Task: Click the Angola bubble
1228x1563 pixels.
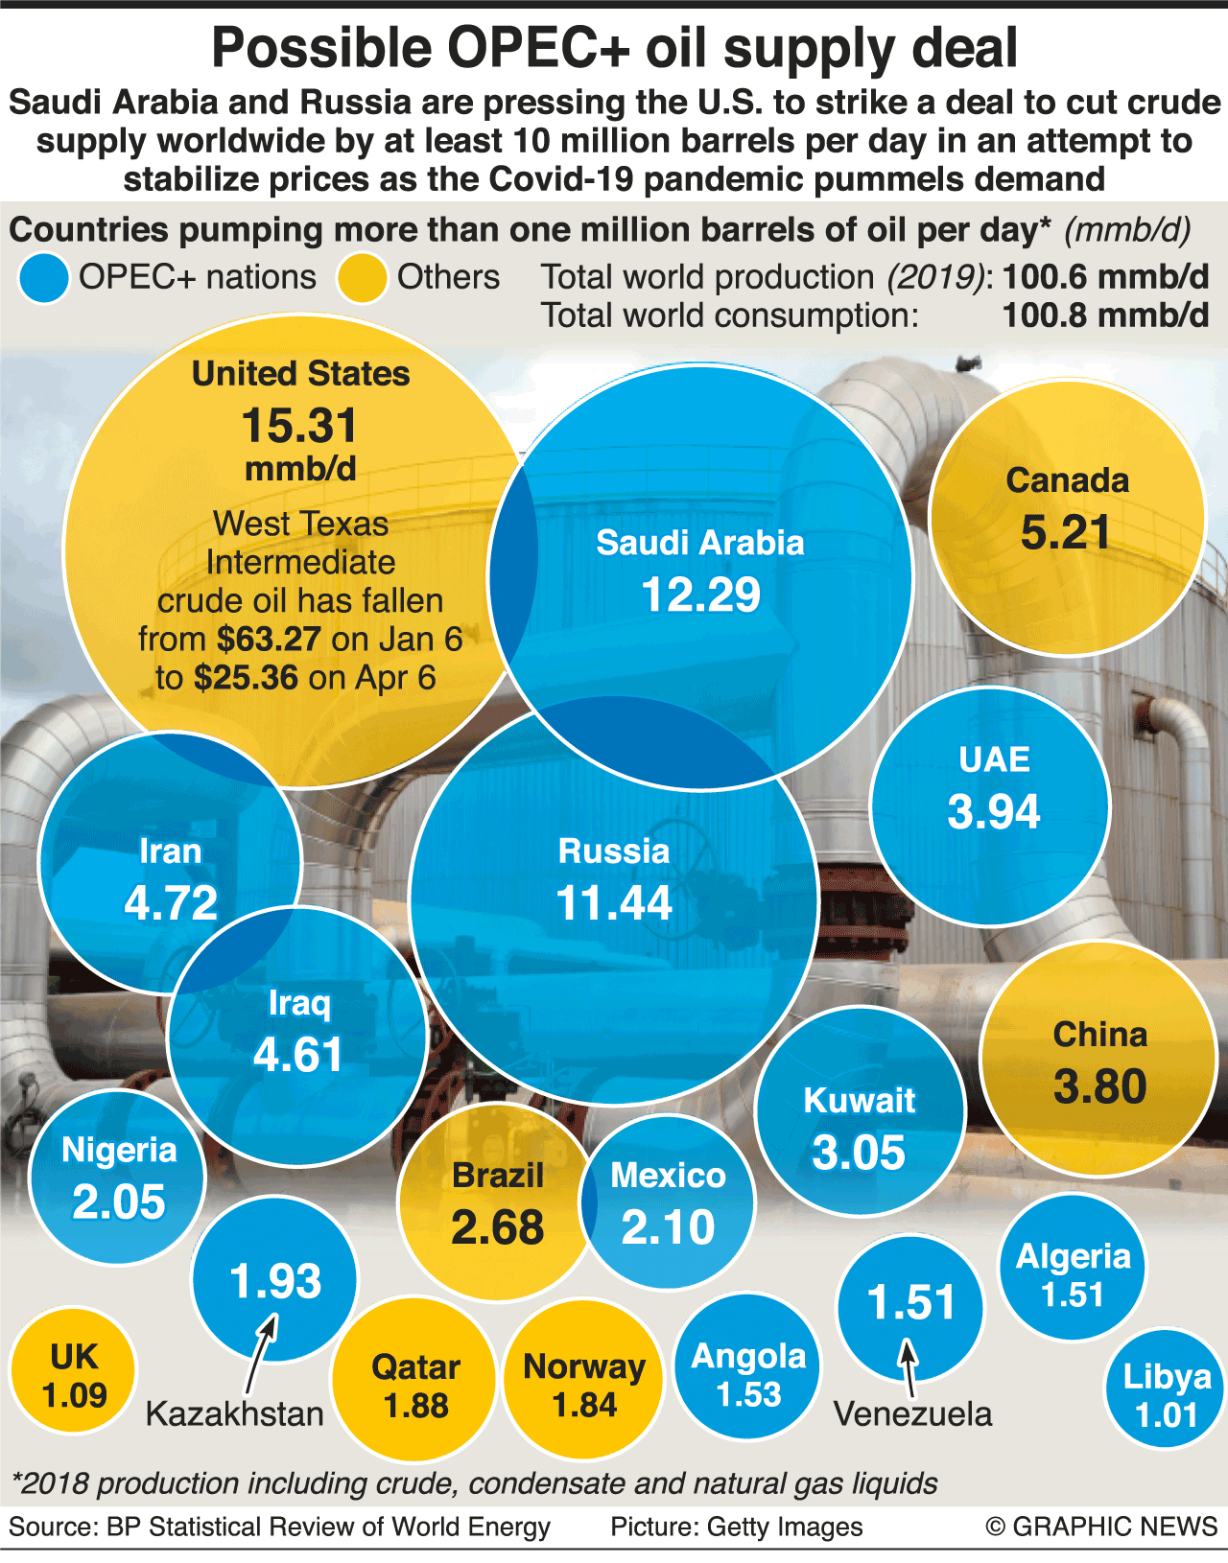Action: (748, 1374)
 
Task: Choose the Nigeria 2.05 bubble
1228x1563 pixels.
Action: (118, 1178)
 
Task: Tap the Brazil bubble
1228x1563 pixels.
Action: (496, 1203)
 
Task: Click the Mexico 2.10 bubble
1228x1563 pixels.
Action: (669, 1203)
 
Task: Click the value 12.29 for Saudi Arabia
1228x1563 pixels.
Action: (700, 595)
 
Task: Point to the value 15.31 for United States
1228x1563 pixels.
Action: (300, 426)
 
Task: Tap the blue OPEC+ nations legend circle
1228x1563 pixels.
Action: (43, 278)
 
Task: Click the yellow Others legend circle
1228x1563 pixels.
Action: (362, 278)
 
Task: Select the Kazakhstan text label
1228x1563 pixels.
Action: (235, 1413)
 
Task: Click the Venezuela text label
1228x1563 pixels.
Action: (912, 1413)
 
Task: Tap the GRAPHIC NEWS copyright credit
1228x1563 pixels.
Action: (1102, 1527)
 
